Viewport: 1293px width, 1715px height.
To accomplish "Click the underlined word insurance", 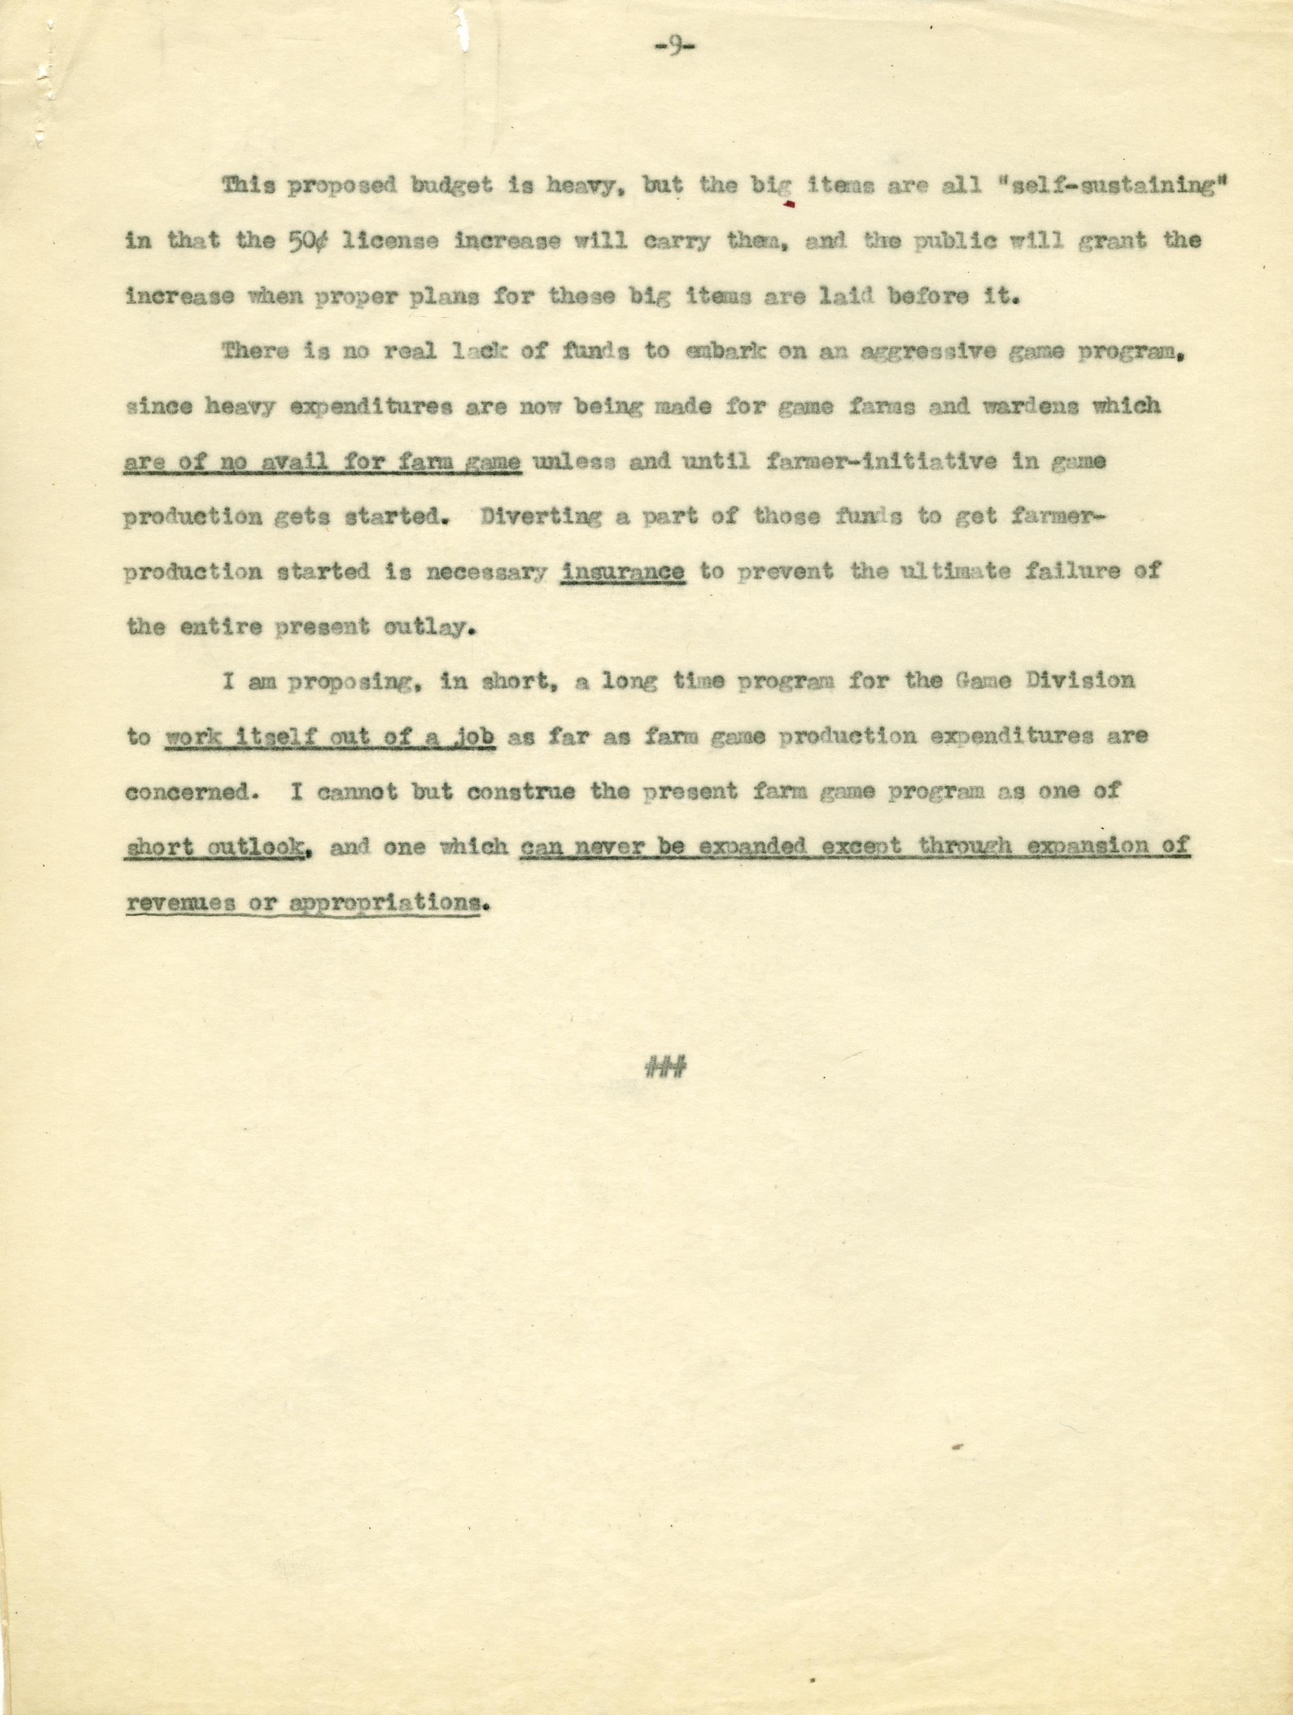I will pyautogui.click(x=623, y=571).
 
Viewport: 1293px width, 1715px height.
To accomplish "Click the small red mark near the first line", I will pyautogui.click(x=790, y=205).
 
